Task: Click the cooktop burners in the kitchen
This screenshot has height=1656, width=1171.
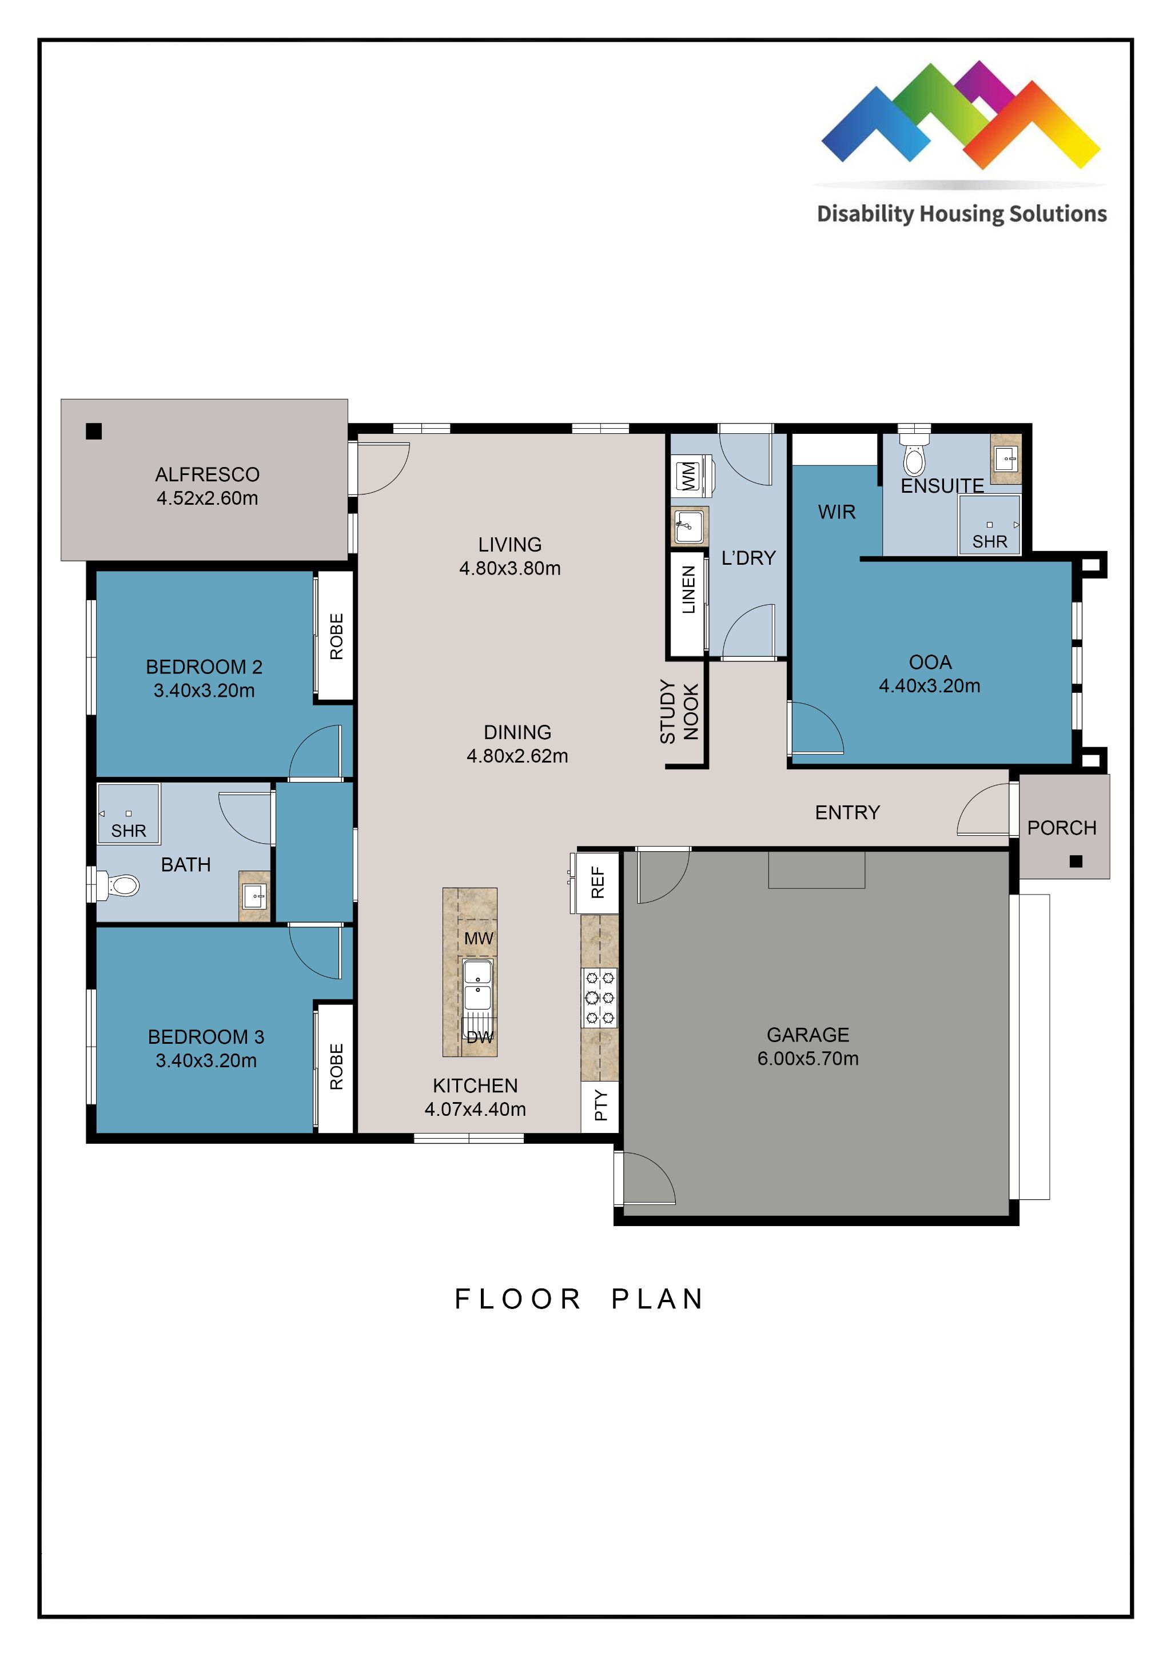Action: pyautogui.click(x=600, y=998)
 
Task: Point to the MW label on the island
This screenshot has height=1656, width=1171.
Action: pyautogui.click(x=479, y=939)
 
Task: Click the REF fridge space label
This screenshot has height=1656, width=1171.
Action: pyautogui.click(x=598, y=882)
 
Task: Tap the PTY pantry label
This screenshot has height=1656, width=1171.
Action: pyautogui.click(x=601, y=1105)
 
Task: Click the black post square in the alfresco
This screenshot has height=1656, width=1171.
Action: pyautogui.click(x=94, y=432)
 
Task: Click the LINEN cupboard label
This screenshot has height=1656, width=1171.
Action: pyautogui.click(x=689, y=589)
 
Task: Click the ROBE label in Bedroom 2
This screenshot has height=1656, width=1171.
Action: pyautogui.click(x=336, y=636)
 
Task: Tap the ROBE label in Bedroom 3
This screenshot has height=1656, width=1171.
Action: pyautogui.click(x=336, y=1066)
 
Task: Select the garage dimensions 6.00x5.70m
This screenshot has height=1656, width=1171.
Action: pyautogui.click(x=807, y=1058)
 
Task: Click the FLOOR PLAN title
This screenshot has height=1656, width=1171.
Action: pyautogui.click(x=579, y=1299)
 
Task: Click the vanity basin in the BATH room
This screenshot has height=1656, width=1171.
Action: pyautogui.click(x=254, y=896)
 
